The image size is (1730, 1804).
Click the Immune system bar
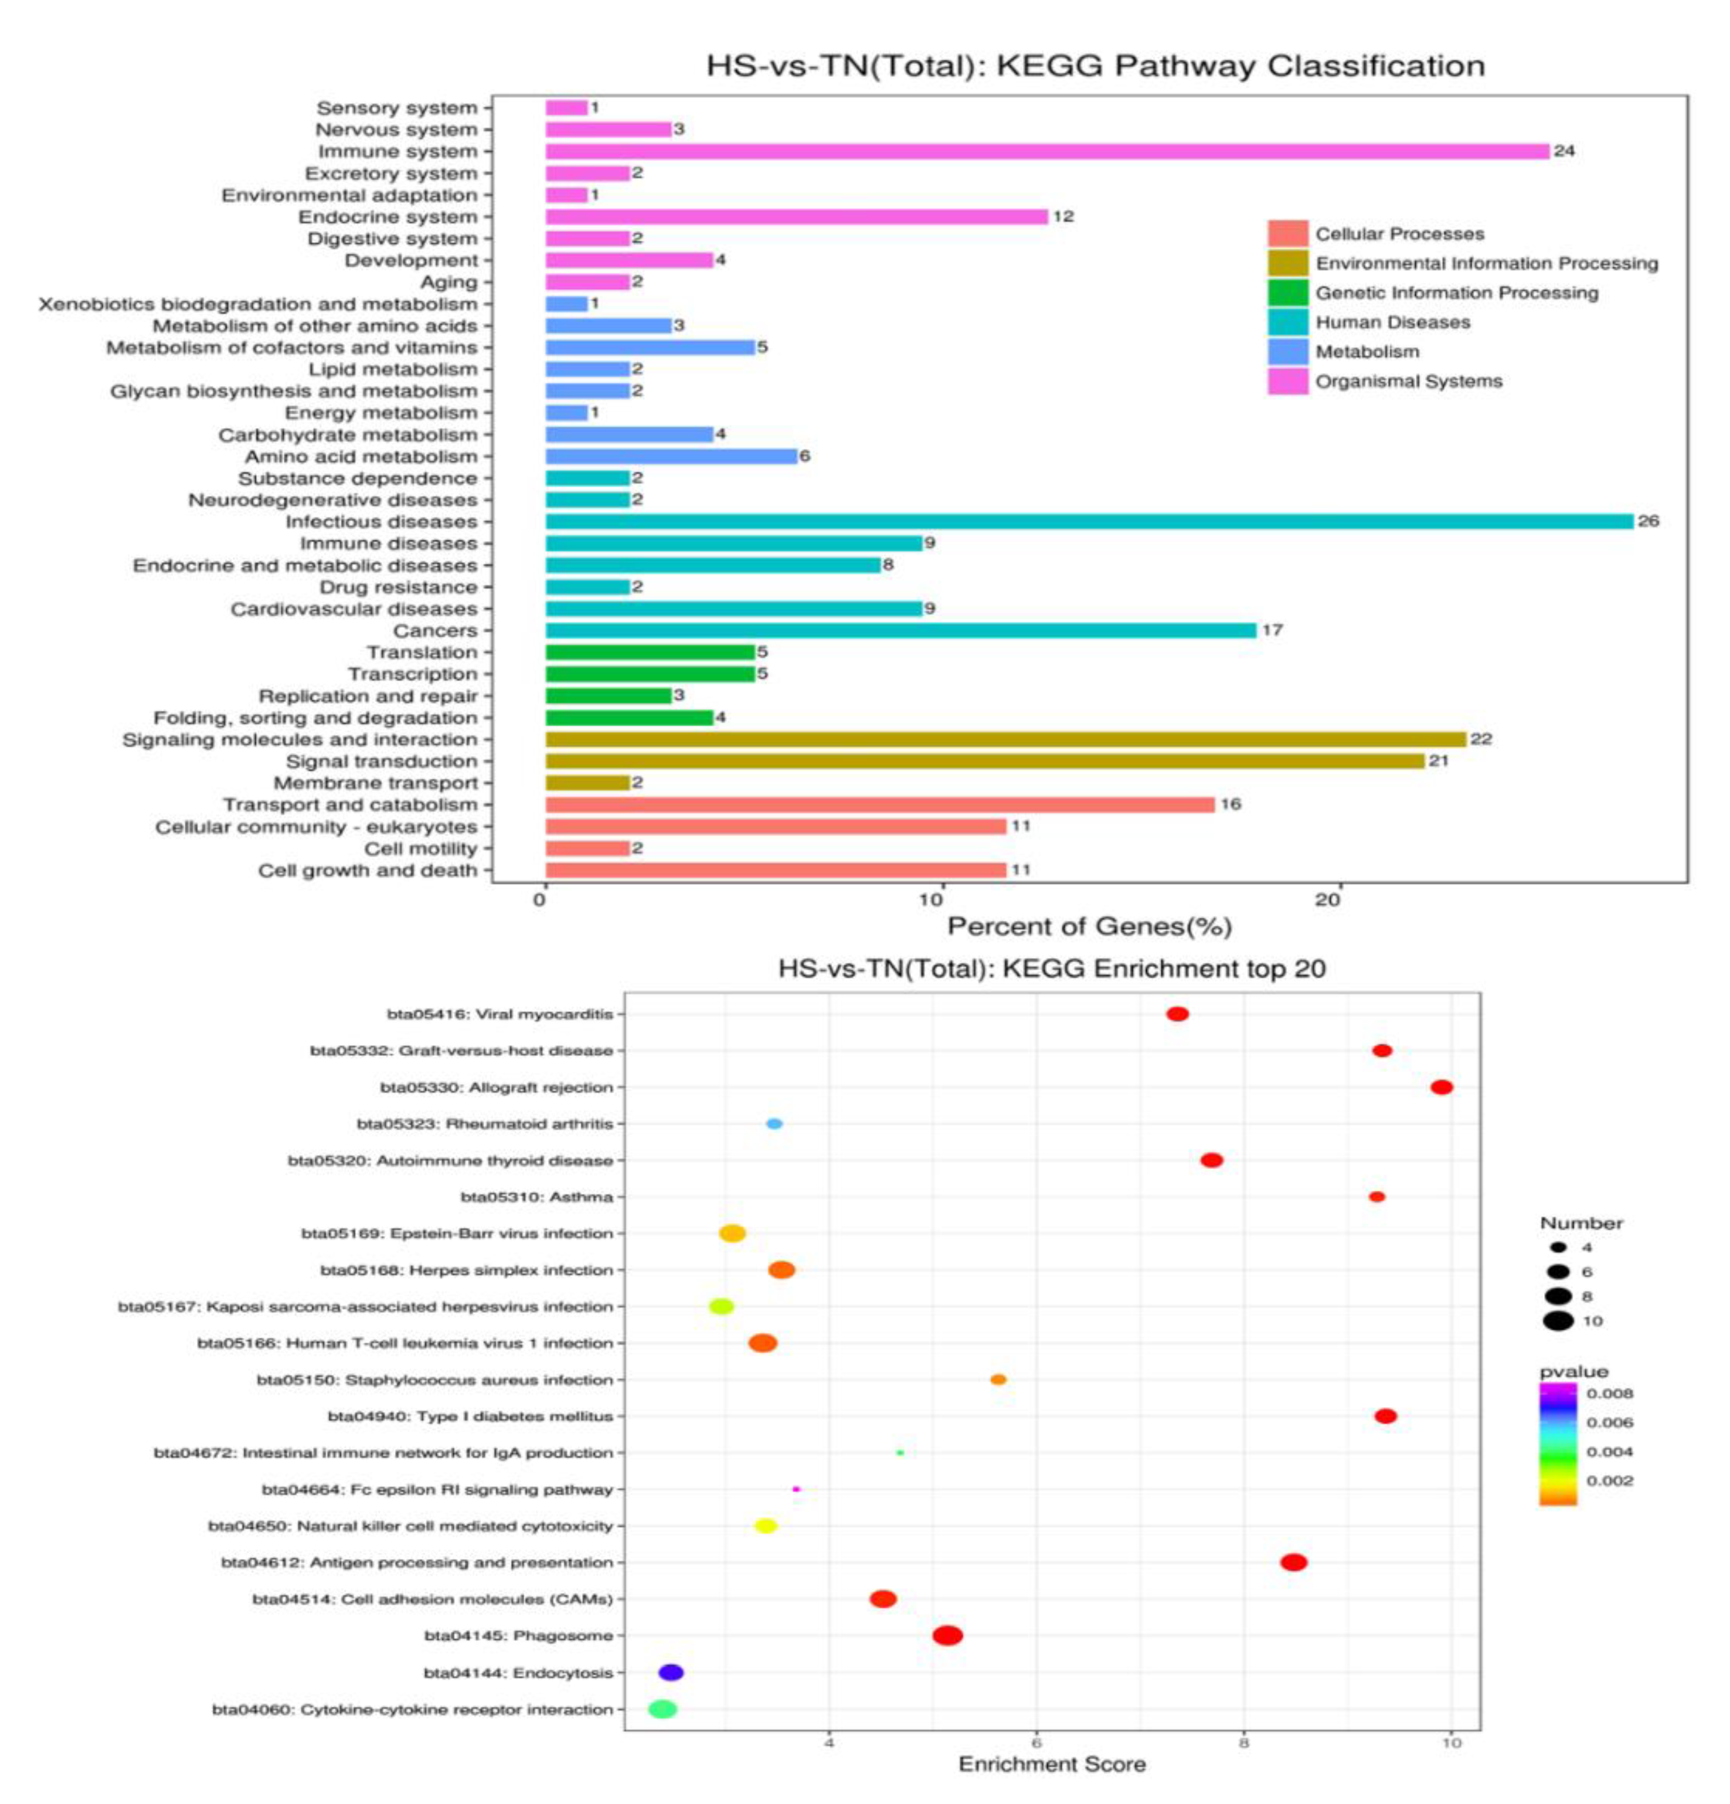1046,151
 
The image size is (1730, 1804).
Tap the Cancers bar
899,630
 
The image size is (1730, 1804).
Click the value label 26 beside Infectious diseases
1648,521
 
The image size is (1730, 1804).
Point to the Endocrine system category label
388,217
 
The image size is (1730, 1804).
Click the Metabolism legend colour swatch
1286,352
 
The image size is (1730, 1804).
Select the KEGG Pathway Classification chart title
1095,66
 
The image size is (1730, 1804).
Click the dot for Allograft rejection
1441,1087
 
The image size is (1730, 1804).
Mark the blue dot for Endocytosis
671,1673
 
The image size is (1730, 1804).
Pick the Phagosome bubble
947,1636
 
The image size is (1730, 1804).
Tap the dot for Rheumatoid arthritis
774,1124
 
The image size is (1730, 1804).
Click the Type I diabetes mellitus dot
1385,1416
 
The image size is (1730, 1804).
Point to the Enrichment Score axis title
1052,1764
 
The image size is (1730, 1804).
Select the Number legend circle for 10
1559,1321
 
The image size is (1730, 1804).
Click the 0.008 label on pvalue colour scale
1609,1394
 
